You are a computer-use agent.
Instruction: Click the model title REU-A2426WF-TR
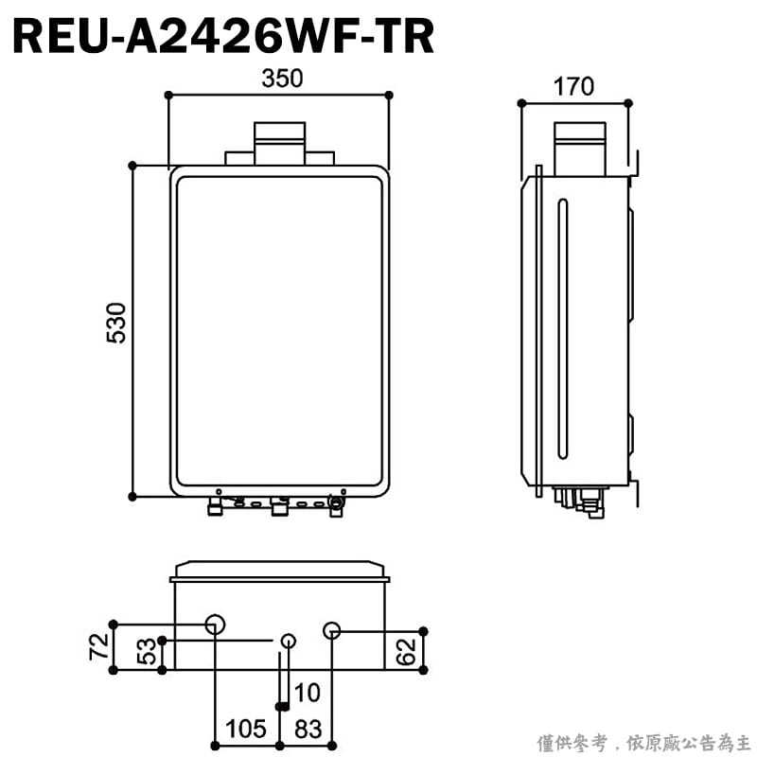(225, 40)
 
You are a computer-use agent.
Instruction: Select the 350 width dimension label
(282, 79)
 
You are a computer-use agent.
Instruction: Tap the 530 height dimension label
(115, 323)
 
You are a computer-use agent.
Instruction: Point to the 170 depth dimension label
(572, 87)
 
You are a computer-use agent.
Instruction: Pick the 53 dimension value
(147, 654)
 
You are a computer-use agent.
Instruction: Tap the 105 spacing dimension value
(246, 729)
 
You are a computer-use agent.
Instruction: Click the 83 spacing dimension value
(308, 729)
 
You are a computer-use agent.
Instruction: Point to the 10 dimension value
(307, 692)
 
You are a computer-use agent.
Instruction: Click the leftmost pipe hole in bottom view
(216, 625)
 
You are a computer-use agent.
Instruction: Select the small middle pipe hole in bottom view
(288, 641)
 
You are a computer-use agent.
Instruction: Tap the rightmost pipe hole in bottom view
(331, 630)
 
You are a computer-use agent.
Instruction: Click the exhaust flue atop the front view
(279, 142)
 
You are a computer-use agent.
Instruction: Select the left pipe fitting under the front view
(217, 508)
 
